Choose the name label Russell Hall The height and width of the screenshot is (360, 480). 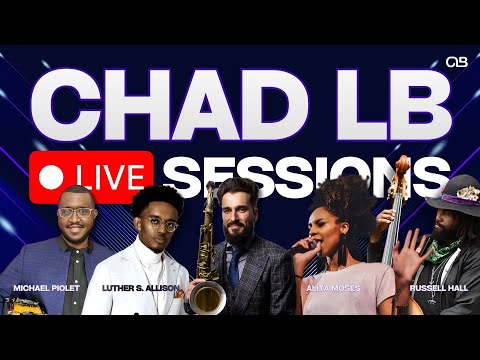pos(433,287)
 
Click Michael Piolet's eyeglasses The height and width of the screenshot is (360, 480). pos(77,214)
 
